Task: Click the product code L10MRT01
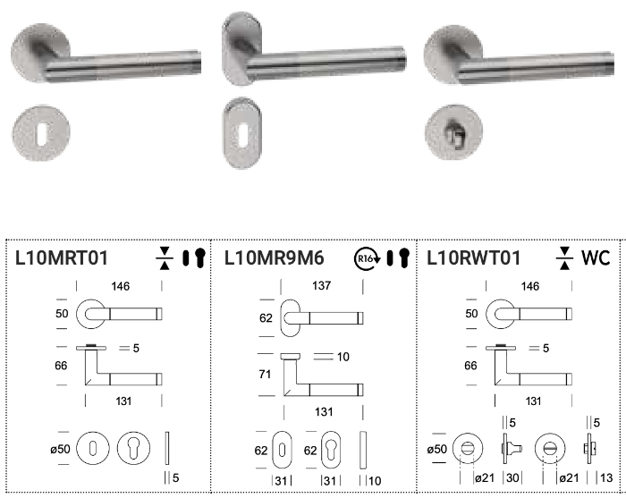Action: [x=62, y=257]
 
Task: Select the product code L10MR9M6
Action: [x=274, y=257]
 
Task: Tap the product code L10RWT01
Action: [x=473, y=257]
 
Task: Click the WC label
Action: [x=596, y=257]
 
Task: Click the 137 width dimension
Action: [x=322, y=286]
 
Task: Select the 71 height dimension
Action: [x=265, y=375]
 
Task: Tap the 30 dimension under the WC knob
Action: [x=512, y=477]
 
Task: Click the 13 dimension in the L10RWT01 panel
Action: [x=606, y=477]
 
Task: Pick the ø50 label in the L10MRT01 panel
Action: [x=60, y=450]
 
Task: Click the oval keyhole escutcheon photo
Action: [x=242, y=133]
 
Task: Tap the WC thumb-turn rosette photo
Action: [x=453, y=132]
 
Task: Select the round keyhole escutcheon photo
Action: [x=41, y=132]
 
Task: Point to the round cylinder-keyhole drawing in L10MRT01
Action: [x=134, y=448]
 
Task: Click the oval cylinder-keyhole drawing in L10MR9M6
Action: [x=331, y=450]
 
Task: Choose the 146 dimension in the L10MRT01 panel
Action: [x=121, y=286]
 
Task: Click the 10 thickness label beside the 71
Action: [x=343, y=357]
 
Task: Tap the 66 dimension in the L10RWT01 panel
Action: [x=470, y=366]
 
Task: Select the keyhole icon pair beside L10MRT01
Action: [x=194, y=257]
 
